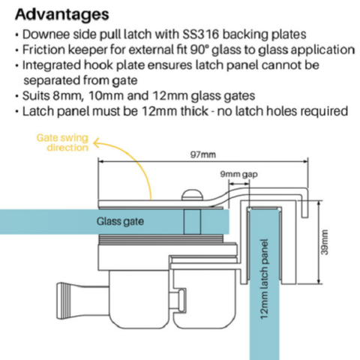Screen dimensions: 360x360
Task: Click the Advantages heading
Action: click(62, 15)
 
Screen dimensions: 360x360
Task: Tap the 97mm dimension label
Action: click(202, 154)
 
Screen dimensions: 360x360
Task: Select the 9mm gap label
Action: click(238, 175)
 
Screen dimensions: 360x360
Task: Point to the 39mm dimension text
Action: click(324, 242)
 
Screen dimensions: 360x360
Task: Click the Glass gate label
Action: click(120, 221)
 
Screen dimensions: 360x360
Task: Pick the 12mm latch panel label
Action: click(264, 279)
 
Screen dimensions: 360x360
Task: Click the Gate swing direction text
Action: click(62, 142)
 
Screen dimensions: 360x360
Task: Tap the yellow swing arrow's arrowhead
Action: click(96, 143)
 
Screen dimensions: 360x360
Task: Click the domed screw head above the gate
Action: click(191, 195)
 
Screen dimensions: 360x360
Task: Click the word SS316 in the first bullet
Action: click(201, 34)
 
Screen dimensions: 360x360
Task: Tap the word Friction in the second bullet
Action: click(44, 49)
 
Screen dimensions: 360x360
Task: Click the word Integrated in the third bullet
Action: click(52, 65)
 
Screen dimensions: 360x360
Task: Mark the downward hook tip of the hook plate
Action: click(304, 216)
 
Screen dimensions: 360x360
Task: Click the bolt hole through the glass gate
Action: click(192, 221)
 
